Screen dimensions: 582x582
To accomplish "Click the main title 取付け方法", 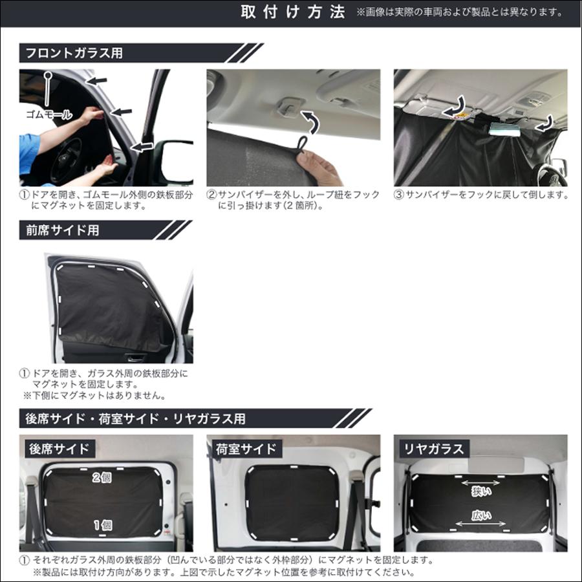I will click(x=293, y=13).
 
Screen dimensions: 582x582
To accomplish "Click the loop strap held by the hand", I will click(x=301, y=145).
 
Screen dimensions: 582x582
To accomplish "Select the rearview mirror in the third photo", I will click(x=502, y=129).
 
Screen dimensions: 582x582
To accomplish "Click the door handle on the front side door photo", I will click(x=136, y=356).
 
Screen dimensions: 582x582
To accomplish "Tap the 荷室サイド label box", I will click(x=246, y=448).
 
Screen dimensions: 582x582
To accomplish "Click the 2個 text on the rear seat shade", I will click(x=102, y=478).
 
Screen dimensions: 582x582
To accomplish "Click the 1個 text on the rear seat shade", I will click(x=102, y=525).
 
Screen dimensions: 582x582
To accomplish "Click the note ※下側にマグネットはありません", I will click(x=94, y=395).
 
